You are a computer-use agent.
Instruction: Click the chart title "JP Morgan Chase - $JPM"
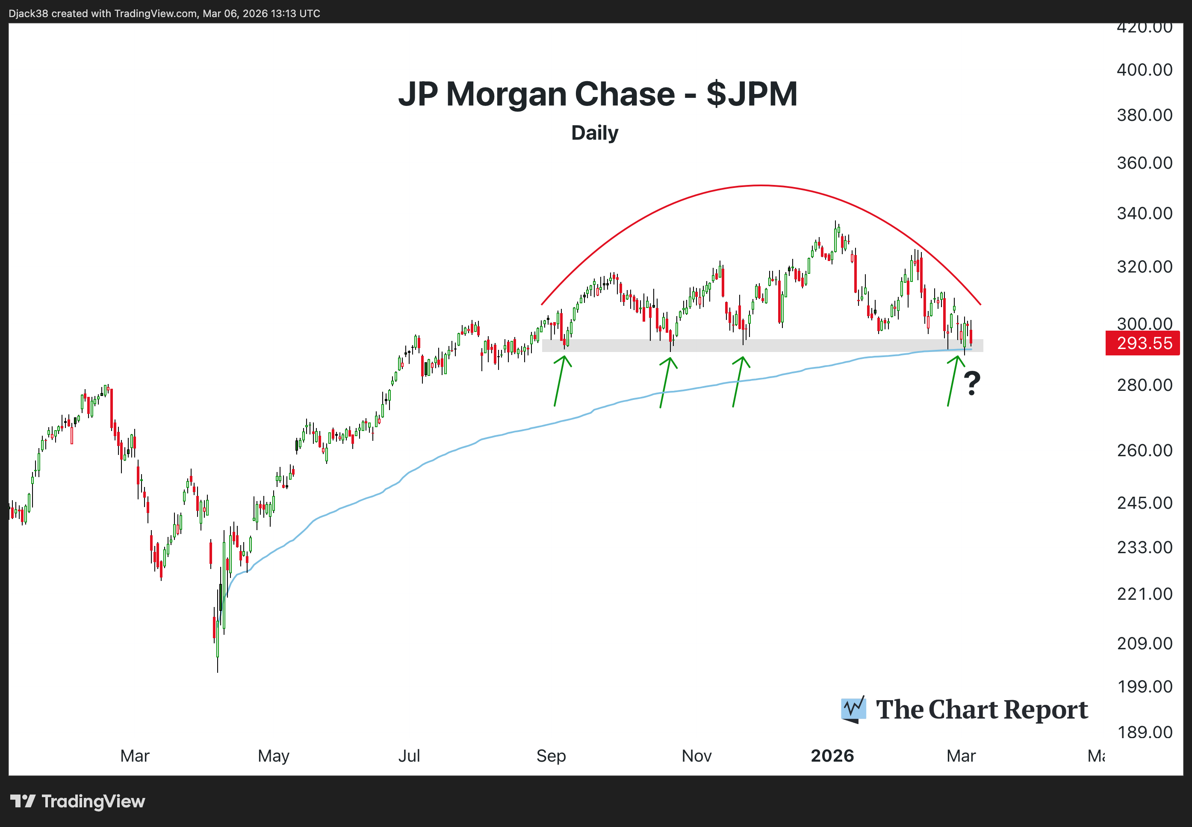click(597, 94)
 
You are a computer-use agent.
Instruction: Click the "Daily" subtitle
click(595, 133)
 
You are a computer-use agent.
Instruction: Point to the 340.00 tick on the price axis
click(1144, 213)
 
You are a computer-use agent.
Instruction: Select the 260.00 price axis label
click(1144, 450)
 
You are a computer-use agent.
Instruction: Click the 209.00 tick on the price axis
click(1144, 643)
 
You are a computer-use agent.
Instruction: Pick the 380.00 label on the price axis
click(1144, 115)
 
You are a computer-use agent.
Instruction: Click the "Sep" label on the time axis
click(551, 756)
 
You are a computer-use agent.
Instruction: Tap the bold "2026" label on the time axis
click(832, 756)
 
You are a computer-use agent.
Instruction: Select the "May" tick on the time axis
click(273, 756)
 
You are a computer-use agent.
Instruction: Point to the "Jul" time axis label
click(409, 756)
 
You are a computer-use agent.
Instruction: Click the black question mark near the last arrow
click(972, 384)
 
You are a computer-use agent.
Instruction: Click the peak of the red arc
click(760, 185)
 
